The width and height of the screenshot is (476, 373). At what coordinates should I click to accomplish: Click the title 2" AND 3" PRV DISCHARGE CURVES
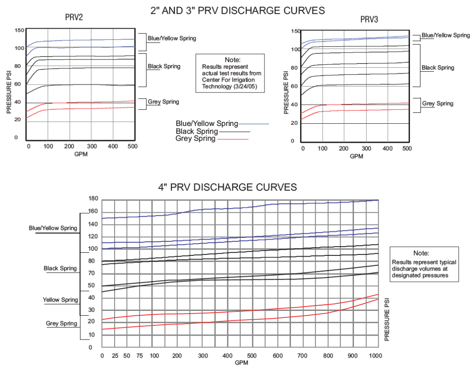coord(238,11)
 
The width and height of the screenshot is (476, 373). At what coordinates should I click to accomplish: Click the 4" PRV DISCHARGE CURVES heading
coord(227,187)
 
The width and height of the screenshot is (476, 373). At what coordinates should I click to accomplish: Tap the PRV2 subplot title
coord(74,18)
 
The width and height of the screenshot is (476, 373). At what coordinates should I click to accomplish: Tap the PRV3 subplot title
coord(369,19)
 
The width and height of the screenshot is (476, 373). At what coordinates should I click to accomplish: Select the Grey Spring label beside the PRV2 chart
coord(164,102)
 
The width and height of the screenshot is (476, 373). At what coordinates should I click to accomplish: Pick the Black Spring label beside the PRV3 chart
coord(438,68)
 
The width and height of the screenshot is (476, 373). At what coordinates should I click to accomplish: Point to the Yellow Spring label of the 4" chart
coord(60,300)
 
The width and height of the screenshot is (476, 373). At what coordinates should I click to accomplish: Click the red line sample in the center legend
coord(234,139)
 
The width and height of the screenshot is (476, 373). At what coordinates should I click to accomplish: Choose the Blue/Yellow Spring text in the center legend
coord(207,124)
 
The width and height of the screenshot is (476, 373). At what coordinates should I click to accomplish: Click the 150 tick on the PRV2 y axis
coord(19,30)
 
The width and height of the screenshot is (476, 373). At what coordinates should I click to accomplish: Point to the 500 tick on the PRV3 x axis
coord(407,149)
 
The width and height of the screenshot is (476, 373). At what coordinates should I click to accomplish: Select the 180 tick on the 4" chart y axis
coord(93,198)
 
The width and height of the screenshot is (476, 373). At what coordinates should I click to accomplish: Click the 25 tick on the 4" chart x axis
coord(115,356)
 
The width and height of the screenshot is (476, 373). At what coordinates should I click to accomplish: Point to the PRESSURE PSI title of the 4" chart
coord(387,319)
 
